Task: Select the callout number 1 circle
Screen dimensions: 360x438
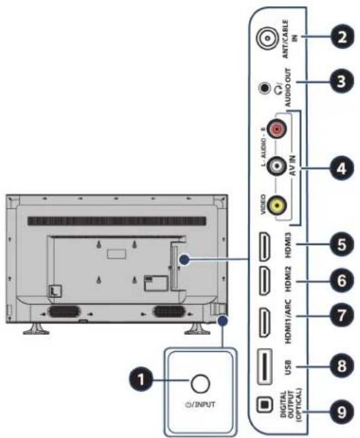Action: pyautogui.click(x=141, y=380)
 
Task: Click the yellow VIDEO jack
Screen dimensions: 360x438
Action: pyautogui.click(x=277, y=206)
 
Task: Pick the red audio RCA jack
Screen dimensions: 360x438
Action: pyautogui.click(x=277, y=129)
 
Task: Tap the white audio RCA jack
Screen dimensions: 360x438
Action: pyautogui.click(x=277, y=167)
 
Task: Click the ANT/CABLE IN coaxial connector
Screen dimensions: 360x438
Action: pyautogui.click(x=268, y=38)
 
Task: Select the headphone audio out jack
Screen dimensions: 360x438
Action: pyautogui.click(x=265, y=88)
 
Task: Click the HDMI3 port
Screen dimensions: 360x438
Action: pyautogui.click(x=265, y=247)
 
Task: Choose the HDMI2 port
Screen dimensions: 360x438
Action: pyautogui.click(x=265, y=281)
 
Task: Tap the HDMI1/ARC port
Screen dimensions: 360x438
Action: pyautogui.click(x=265, y=322)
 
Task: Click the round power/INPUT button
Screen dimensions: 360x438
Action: pyautogui.click(x=200, y=383)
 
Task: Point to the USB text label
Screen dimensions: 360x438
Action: pyautogui.click(x=288, y=367)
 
